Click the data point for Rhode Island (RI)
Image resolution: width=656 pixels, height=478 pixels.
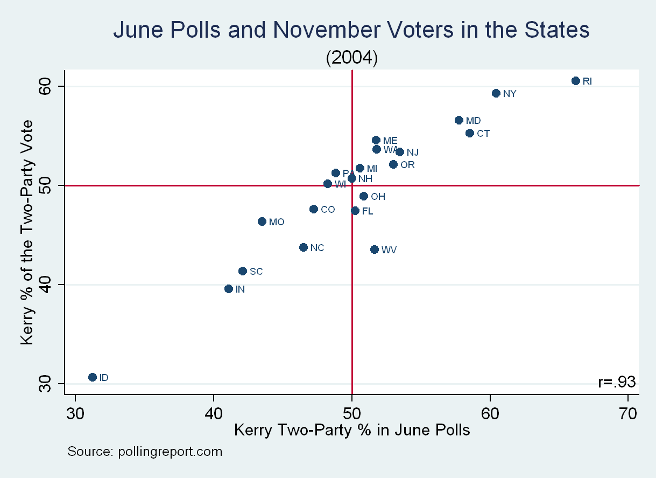click(575, 81)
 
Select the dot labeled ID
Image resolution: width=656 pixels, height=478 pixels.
click(92, 377)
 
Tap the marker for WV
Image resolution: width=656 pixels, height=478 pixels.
click(375, 250)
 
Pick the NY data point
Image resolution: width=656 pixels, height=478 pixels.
click(496, 93)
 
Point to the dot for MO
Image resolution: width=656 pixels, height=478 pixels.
click(262, 221)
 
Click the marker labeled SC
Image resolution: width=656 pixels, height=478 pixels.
click(243, 271)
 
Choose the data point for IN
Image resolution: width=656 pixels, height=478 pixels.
click(229, 289)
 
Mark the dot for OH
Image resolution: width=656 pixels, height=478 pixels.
click(364, 196)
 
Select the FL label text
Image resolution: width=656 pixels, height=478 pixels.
click(368, 211)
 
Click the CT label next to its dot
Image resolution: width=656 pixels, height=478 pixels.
click(483, 133)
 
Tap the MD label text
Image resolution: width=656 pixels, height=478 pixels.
click(474, 121)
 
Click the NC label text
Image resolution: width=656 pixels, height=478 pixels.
click(318, 248)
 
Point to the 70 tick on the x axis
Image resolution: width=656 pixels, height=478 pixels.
click(628, 413)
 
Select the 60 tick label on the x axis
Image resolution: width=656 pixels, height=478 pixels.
click(490, 413)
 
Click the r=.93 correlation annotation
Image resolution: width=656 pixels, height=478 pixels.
click(617, 382)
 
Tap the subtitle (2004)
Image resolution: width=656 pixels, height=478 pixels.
click(352, 58)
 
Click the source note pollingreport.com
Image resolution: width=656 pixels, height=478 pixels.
click(144, 452)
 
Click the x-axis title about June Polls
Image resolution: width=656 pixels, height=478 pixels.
click(352, 430)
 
